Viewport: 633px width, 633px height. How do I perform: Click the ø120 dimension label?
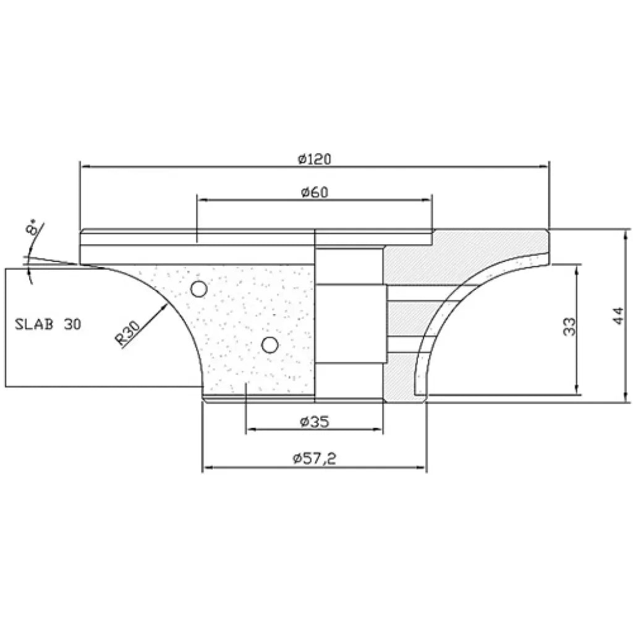coord(314,159)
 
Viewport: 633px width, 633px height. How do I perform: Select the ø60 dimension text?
coord(314,192)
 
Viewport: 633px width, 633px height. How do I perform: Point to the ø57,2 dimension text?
coord(314,459)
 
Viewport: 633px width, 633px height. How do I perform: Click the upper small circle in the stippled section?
coord(198,288)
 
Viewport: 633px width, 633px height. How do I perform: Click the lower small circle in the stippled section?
coord(268,344)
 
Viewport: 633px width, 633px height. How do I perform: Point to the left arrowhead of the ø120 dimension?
coord(85,166)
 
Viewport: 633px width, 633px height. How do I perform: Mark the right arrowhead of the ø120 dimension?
coord(545,166)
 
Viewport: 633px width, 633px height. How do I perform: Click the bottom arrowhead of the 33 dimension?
coord(577,390)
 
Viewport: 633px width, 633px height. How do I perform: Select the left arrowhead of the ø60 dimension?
coord(201,200)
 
